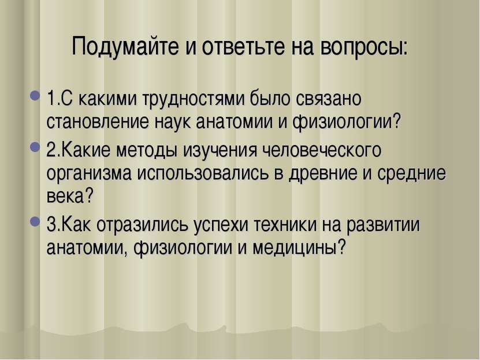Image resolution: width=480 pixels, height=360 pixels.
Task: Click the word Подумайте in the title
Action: click(125, 47)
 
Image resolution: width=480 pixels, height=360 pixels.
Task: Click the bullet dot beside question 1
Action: click(35, 95)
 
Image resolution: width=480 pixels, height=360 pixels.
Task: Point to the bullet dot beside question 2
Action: click(35, 147)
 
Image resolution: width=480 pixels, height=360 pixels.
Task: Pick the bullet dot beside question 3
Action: click(35, 221)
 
